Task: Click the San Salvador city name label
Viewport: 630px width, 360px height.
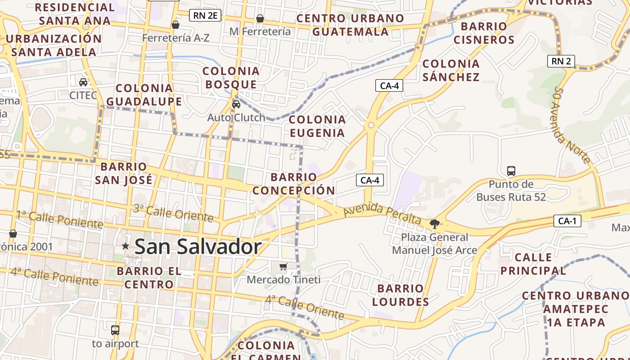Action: click(x=198, y=247)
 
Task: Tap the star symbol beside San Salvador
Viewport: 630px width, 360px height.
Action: click(x=126, y=246)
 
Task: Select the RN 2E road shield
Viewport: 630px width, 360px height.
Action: click(x=205, y=16)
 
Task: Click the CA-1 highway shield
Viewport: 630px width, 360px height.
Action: click(x=567, y=221)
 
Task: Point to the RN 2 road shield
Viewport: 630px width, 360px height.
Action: click(x=561, y=61)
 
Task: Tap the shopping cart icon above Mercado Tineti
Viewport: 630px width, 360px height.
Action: click(x=283, y=267)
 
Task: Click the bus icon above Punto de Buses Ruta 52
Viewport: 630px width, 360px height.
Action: click(x=511, y=171)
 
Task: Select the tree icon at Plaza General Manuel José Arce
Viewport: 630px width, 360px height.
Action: click(x=434, y=224)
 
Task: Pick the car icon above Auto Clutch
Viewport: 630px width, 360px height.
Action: click(x=236, y=104)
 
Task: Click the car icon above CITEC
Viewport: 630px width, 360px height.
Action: click(x=83, y=82)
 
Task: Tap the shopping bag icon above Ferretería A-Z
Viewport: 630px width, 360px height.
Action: click(x=175, y=25)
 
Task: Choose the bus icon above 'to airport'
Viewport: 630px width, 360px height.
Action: click(x=115, y=330)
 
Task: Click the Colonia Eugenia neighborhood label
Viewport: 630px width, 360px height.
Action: click(x=317, y=126)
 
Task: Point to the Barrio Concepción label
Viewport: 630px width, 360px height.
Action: click(x=294, y=184)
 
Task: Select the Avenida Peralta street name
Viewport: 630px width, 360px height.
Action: click(x=382, y=214)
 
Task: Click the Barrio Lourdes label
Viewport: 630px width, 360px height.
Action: click(x=400, y=295)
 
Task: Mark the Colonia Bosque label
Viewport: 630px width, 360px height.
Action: click(x=231, y=77)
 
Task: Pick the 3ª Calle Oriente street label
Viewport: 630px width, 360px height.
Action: click(x=173, y=213)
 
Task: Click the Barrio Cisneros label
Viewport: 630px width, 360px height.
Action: click(x=484, y=33)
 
